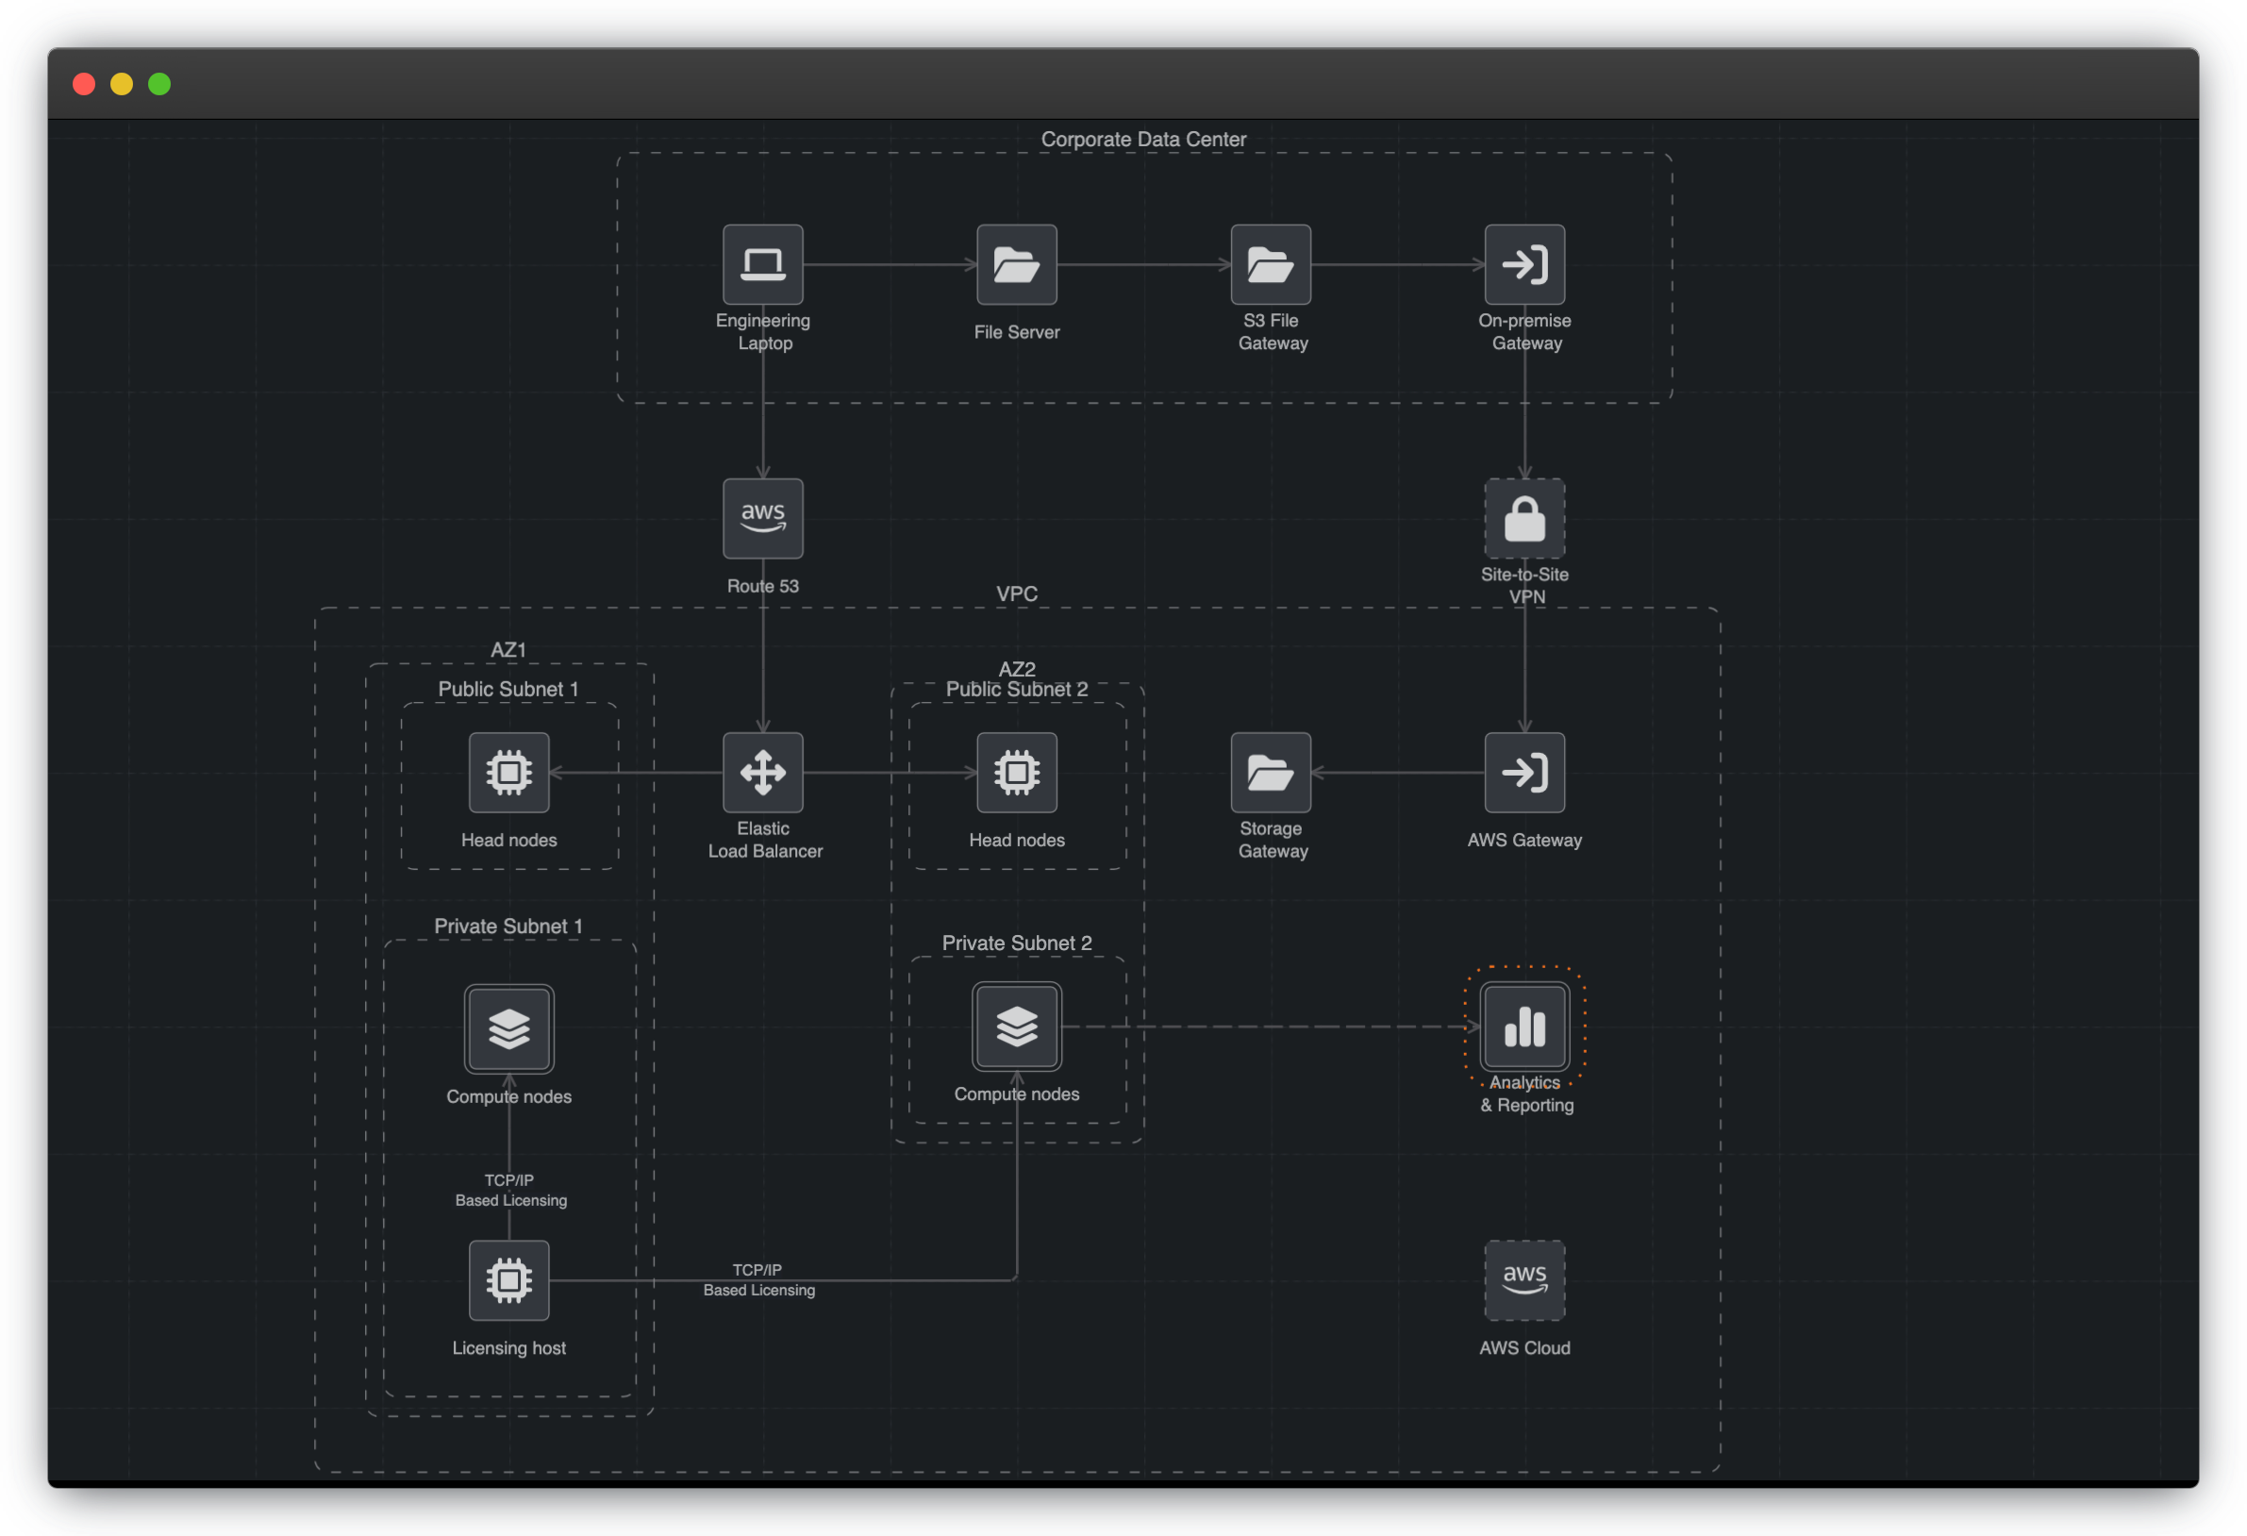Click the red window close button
coord(84,84)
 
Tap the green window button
coord(159,84)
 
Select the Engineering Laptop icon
coord(763,264)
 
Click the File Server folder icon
coord(1016,264)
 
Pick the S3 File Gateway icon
coord(1271,264)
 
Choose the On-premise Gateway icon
coord(1523,264)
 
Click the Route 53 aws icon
coord(763,519)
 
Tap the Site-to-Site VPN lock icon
coord(1523,519)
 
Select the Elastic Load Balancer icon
coord(763,772)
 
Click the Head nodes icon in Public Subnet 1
coord(508,772)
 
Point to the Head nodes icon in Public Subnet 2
coord(1016,772)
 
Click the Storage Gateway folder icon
coord(1271,772)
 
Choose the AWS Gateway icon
coord(1523,772)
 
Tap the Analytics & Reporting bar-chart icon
coord(1523,1027)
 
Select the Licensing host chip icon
coord(508,1279)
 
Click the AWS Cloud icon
coord(1523,1279)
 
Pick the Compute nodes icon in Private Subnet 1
coord(508,1028)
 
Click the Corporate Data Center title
coord(1142,140)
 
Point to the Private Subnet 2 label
coord(1016,943)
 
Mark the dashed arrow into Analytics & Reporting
coord(1267,1027)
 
